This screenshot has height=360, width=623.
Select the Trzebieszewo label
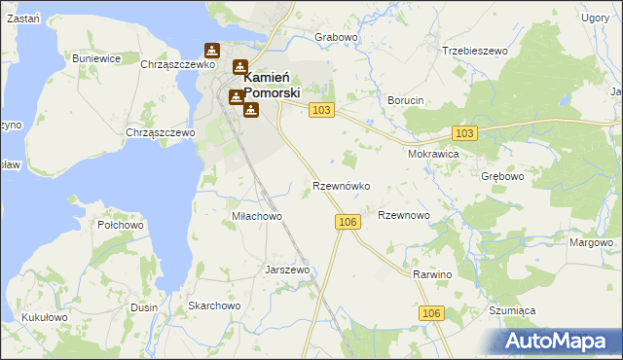(x=476, y=51)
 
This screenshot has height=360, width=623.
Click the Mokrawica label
(x=433, y=154)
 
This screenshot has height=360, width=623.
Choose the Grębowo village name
(x=502, y=177)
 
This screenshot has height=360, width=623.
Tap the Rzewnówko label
(x=340, y=185)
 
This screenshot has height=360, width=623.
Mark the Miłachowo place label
(x=256, y=216)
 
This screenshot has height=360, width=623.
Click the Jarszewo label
(x=287, y=270)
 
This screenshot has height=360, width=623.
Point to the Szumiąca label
(x=512, y=309)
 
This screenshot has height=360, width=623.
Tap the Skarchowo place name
(x=214, y=306)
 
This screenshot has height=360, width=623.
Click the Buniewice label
(x=96, y=58)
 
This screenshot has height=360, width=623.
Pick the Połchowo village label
(x=121, y=225)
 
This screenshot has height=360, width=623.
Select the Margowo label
(x=592, y=242)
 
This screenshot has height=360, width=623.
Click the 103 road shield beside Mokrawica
(x=464, y=133)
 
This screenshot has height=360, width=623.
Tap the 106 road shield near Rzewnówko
(x=349, y=223)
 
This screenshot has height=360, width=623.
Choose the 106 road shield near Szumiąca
(x=433, y=313)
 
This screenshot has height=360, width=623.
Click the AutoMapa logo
(x=559, y=341)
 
